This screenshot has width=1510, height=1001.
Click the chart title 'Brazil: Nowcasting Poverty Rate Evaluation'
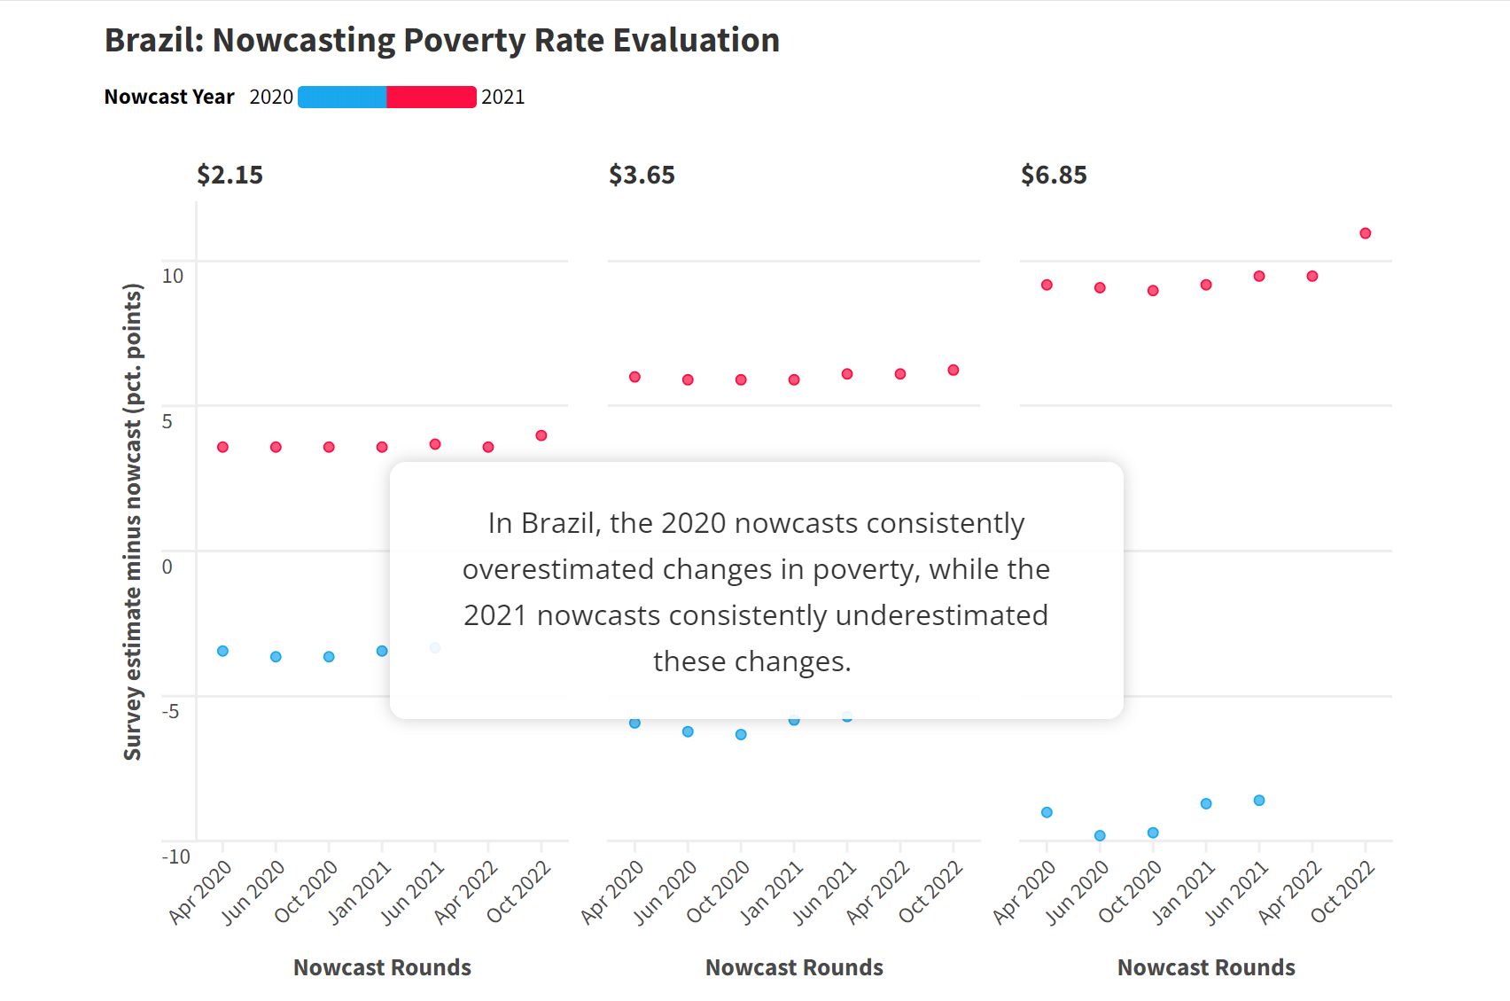pyautogui.click(x=441, y=41)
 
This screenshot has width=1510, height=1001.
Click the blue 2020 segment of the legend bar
pyautogui.click(x=342, y=97)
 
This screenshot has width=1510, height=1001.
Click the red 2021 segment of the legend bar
pyautogui.click(x=432, y=97)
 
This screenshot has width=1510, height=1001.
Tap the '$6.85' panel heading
pyautogui.click(x=1054, y=175)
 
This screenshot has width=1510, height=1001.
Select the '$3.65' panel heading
pyautogui.click(x=642, y=175)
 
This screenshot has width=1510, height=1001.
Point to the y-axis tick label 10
pyautogui.click(x=173, y=276)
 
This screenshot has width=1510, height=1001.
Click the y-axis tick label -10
pyautogui.click(x=175, y=856)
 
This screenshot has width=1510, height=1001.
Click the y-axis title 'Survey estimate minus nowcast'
pyautogui.click(x=132, y=521)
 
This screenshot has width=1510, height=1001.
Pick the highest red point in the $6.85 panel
pyautogui.click(x=1366, y=233)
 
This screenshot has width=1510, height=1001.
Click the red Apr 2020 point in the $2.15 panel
pyautogui.click(x=223, y=447)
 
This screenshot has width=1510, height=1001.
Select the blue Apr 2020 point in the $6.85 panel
pyautogui.click(x=1047, y=812)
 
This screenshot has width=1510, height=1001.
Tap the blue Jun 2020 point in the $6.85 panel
pyautogui.click(x=1100, y=835)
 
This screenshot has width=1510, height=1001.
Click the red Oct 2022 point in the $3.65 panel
pyautogui.click(x=953, y=371)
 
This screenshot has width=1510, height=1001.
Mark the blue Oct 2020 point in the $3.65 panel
pyautogui.click(x=741, y=734)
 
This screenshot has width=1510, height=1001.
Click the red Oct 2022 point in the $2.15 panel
pyautogui.click(x=541, y=435)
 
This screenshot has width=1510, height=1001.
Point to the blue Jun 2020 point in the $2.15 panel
pyautogui.click(x=276, y=657)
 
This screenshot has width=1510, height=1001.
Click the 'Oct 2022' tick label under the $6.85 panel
pyautogui.click(x=1343, y=893)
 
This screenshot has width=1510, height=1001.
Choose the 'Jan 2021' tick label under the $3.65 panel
pyautogui.click(x=772, y=893)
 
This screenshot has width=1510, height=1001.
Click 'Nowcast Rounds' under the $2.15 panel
pyautogui.click(x=382, y=967)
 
